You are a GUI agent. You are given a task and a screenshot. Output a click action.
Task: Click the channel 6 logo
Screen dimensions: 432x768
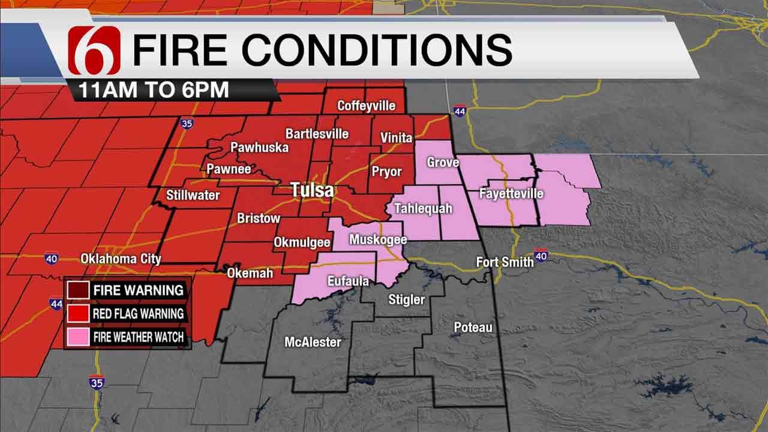tap(94, 50)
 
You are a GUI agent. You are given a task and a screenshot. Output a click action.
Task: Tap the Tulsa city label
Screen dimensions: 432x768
tap(312, 191)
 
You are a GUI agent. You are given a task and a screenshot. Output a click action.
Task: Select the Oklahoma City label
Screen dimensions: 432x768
tap(121, 259)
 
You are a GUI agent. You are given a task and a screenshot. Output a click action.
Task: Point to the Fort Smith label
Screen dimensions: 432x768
tap(505, 262)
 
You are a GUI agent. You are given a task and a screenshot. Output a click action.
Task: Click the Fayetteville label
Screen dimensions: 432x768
tap(511, 194)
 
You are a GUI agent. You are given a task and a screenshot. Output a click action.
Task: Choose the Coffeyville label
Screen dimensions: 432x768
tap(366, 106)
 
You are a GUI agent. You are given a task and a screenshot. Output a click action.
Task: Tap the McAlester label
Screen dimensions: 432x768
tap(313, 342)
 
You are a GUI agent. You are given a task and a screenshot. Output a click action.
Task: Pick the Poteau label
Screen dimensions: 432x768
tap(473, 327)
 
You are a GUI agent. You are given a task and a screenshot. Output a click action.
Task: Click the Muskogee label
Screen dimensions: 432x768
tap(378, 240)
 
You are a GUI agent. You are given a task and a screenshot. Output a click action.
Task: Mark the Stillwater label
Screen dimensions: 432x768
tap(193, 195)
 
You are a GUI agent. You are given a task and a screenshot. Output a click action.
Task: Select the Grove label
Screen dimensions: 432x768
tap(443, 163)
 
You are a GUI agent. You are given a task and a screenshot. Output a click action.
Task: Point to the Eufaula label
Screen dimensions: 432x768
tap(348, 281)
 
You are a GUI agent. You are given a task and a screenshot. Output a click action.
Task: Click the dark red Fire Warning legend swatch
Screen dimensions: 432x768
tap(77, 290)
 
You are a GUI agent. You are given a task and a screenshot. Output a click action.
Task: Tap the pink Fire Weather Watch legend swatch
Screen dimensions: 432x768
tap(77, 337)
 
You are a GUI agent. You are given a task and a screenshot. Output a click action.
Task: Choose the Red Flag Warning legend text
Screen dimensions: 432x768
tap(138, 313)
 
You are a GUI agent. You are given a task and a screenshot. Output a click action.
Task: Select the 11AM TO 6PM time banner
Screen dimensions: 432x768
tap(153, 90)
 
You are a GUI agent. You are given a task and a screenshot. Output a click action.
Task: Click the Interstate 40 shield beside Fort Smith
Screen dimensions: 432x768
tap(541, 256)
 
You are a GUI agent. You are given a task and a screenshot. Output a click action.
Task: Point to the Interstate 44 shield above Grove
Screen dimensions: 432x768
tap(460, 111)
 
